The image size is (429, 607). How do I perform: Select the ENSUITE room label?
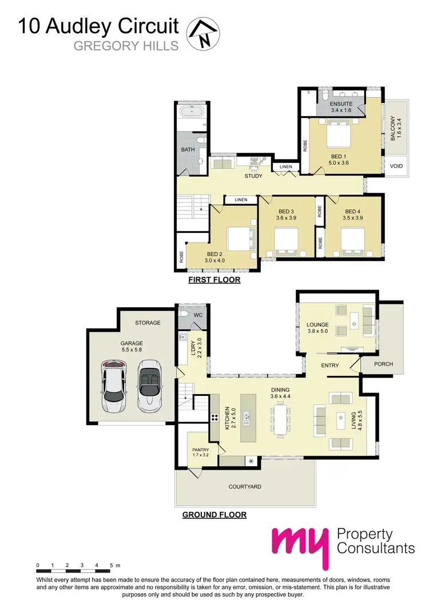pos(341,104)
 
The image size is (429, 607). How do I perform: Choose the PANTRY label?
pos(200,450)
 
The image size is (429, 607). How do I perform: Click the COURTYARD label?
pos(245,487)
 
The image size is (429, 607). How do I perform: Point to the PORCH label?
pos(383,364)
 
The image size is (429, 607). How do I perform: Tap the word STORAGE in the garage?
pos(148,323)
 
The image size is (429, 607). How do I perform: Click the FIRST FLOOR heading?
pos(214,280)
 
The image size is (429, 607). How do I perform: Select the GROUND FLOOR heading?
pos(214,515)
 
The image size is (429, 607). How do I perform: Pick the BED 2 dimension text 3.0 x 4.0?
pos(215,261)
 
